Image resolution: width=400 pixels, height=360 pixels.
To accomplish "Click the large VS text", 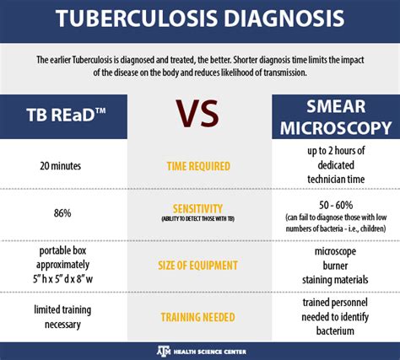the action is click(x=197, y=113).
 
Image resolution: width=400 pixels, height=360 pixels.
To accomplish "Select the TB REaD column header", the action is click(x=66, y=115).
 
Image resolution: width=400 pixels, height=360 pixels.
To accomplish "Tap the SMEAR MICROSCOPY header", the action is click(x=336, y=117).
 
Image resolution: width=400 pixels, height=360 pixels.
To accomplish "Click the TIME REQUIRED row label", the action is click(x=198, y=166).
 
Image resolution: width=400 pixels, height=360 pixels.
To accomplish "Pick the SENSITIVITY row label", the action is click(x=197, y=209).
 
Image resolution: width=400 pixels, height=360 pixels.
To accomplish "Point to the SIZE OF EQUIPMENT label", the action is click(x=197, y=266).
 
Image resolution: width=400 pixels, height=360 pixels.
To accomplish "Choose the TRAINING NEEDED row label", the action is click(x=197, y=317).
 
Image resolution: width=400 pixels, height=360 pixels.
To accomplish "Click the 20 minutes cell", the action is click(x=61, y=166).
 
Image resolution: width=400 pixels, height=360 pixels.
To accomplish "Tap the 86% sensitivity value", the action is click(x=62, y=213).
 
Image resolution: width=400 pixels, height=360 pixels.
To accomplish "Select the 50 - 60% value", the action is click(x=336, y=205).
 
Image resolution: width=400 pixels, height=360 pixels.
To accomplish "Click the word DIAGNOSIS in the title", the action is click(x=284, y=19).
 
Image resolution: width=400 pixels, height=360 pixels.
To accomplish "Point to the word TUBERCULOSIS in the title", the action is click(x=137, y=19).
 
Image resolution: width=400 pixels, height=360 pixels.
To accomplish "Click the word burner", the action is click(x=335, y=266).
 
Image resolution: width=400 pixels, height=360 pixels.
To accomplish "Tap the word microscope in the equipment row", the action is click(x=335, y=251).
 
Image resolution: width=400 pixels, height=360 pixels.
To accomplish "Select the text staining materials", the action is click(x=335, y=280).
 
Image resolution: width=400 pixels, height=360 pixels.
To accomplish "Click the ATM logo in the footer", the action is click(x=164, y=351).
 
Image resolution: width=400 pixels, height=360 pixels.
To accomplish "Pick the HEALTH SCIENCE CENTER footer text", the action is click(x=210, y=352).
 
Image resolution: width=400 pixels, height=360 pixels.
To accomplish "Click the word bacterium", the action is click(x=335, y=330).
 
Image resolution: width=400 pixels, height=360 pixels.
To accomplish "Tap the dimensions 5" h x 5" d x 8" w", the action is click(x=62, y=279).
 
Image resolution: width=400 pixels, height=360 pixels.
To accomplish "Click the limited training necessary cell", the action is click(x=62, y=317).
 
